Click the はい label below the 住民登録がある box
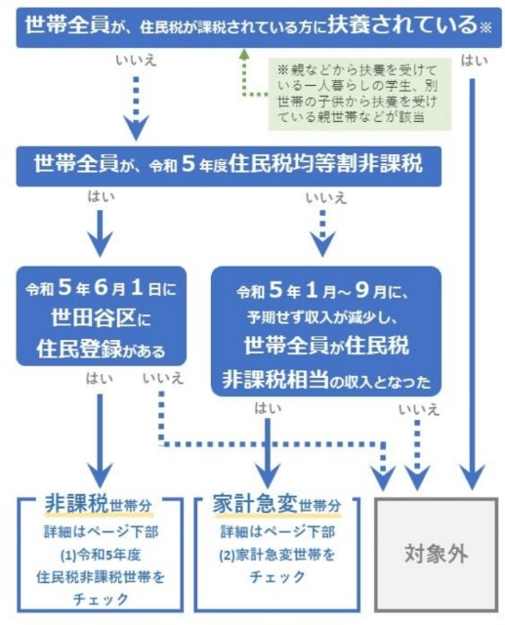tap(99, 379)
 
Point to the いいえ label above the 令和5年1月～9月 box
tap(325, 198)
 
